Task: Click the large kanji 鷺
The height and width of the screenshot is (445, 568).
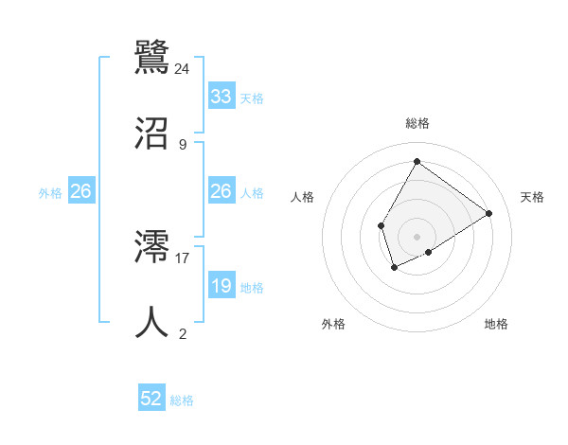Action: pyautogui.click(x=152, y=54)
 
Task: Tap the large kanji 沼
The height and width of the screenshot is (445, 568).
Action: pyautogui.click(x=152, y=133)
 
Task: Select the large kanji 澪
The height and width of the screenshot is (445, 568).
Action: pyautogui.click(x=152, y=247)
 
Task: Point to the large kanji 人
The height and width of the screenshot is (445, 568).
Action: pyautogui.click(x=152, y=322)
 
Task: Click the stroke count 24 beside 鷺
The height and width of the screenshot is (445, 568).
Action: pyautogui.click(x=183, y=68)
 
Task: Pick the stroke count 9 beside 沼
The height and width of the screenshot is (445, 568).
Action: pyautogui.click(x=183, y=145)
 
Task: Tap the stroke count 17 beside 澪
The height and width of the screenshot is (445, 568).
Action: pyautogui.click(x=183, y=257)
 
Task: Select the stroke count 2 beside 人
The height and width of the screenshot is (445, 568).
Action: pyautogui.click(x=183, y=333)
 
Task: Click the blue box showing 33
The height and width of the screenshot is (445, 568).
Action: pyautogui.click(x=221, y=97)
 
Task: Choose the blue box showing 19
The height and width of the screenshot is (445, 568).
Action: pyautogui.click(x=221, y=286)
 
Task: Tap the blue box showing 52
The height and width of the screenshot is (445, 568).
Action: pyautogui.click(x=151, y=399)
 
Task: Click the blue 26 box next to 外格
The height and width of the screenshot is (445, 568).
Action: pyautogui.click(x=80, y=191)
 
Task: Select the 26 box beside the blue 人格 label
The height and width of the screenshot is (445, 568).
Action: pyautogui.click(x=221, y=191)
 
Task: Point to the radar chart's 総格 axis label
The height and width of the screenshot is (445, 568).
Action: pyautogui.click(x=417, y=124)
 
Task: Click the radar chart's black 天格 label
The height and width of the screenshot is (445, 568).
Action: pyautogui.click(x=533, y=197)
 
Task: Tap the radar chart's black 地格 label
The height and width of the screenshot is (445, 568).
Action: pyautogui.click(x=496, y=324)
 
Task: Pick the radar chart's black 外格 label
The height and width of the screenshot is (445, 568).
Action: pyautogui.click(x=333, y=324)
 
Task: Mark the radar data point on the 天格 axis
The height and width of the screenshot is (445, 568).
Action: pyautogui.click(x=489, y=213)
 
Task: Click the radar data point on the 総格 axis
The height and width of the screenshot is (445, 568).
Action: pyautogui.click(x=417, y=161)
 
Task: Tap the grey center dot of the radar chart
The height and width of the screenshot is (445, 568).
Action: pyautogui.click(x=417, y=236)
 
